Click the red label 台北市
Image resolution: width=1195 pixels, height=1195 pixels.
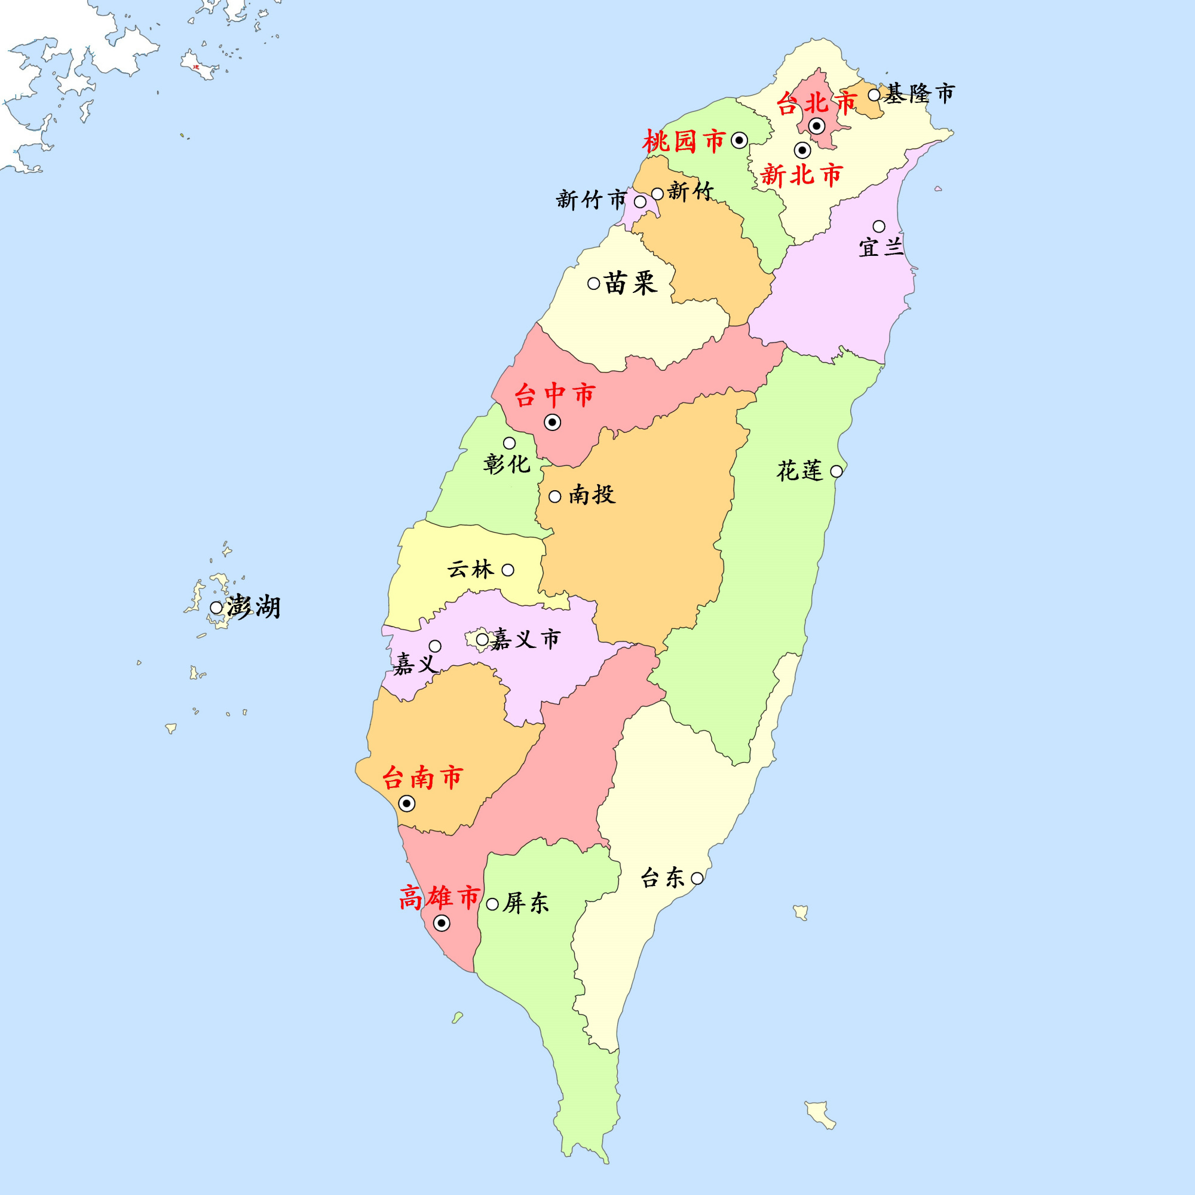pos(816,103)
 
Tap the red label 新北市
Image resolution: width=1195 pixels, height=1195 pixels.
pos(802,175)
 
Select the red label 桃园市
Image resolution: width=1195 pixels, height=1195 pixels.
pos(684,142)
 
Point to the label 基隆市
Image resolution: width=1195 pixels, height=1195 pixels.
pos(919,94)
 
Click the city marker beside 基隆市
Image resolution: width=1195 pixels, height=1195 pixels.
pos(874,94)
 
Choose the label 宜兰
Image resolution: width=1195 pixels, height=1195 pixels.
pos(881,247)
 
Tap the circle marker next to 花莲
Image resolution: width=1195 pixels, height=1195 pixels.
pos(836,471)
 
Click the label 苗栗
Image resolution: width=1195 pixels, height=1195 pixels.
pos(630,283)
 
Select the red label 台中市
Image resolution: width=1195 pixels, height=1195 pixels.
pos(554,395)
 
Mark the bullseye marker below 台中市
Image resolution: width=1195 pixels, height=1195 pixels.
pos(552,422)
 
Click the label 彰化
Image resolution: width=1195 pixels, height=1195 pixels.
pos(507,463)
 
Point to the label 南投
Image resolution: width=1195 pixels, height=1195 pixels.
pos(592,494)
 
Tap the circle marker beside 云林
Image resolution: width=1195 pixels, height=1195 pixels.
pos(508,570)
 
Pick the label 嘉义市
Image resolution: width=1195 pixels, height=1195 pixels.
pos(525,638)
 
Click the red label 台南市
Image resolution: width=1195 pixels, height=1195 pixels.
pos(422,777)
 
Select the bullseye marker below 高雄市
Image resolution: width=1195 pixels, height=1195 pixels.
pos(442,924)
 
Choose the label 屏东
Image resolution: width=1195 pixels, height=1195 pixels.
pos(526,903)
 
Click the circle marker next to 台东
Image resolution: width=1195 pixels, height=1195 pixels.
pos(697,878)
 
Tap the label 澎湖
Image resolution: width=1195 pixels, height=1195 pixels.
pos(253,607)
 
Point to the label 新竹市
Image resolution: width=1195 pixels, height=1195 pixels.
pos(592,200)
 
